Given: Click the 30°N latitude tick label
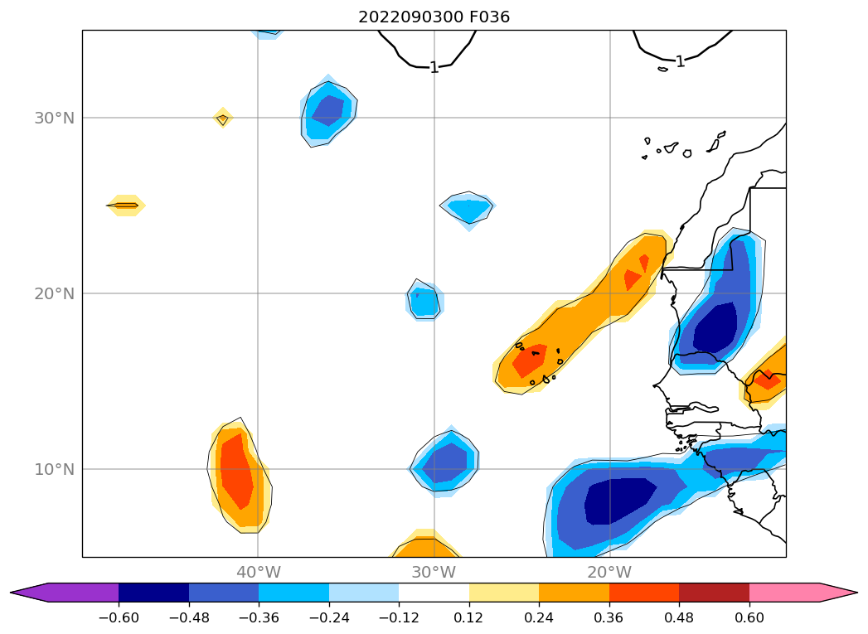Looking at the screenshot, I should pyautogui.click(x=54, y=118).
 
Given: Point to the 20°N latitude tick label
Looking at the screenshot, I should pyautogui.click(x=54, y=293).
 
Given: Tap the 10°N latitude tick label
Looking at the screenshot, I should pyautogui.click(x=54, y=469).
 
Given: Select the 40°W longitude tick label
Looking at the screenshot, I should pyautogui.click(x=258, y=572).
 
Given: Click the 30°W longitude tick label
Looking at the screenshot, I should pyautogui.click(x=434, y=572).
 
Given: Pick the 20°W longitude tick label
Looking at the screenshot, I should pyautogui.click(x=609, y=572).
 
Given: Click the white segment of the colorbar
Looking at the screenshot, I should pyautogui.click(x=434, y=592).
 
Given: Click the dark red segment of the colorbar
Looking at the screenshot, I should pyautogui.click(x=714, y=592).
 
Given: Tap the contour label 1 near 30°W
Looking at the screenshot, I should pyautogui.click(x=434, y=67).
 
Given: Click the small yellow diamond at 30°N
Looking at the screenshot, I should pyautogui.click(x=222, y=119).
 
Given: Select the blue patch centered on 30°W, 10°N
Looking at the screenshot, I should pyautogui.click(x=445, y=466).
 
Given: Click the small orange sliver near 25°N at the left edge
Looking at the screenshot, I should pyautogui.click(x=126, y=205).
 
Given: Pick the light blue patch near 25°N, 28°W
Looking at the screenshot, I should pyautogui.click(x=468, y=209).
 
